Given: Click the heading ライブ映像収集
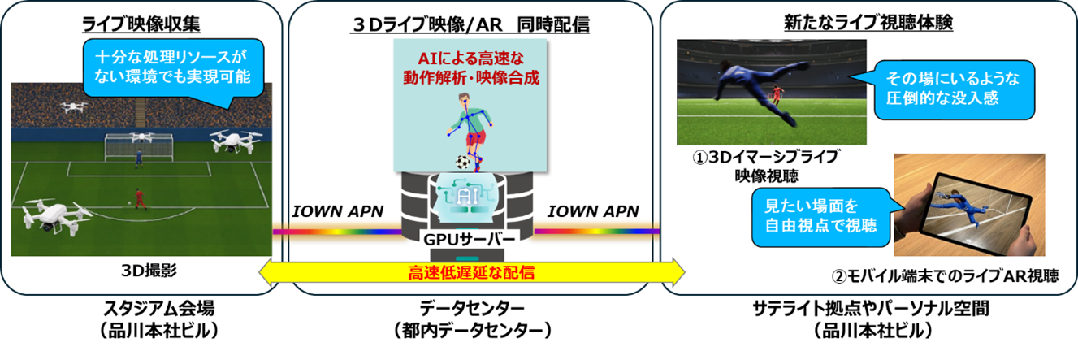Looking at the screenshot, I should (x=141, y=24).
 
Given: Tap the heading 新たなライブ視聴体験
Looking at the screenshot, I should (x=868, y=24).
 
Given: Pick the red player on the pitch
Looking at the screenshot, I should (x=138, y=197).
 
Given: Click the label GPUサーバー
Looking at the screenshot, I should (x=469, y=241).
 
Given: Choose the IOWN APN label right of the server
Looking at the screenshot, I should (x=598, y=212).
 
